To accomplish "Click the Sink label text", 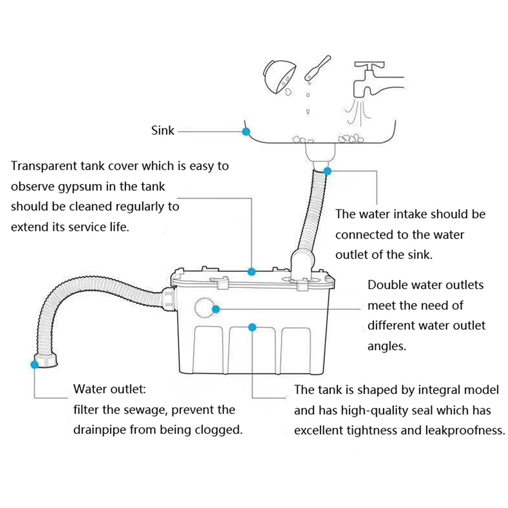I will tap(163, 131).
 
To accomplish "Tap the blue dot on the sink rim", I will tap(246, 131).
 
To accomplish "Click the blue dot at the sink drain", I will tap(328, 171).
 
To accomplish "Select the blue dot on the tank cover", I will tap(251, 271).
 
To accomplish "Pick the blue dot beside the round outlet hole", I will tap(216, 308).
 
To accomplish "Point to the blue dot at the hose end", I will tap(35, 364).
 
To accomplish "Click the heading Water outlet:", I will tap(110, 390).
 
